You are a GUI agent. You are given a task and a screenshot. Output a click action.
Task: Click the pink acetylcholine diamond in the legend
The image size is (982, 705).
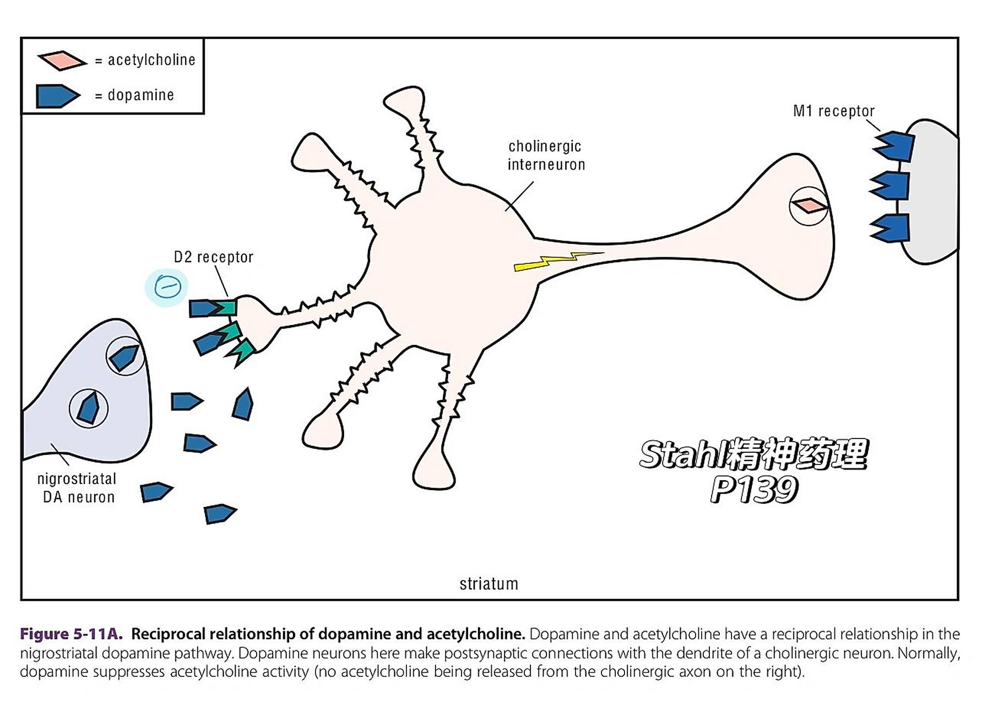click(x=62, y=61)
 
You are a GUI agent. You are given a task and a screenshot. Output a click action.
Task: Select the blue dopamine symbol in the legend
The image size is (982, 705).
click(x=57, y=96)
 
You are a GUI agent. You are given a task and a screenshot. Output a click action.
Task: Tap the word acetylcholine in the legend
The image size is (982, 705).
click(x=151, y=60)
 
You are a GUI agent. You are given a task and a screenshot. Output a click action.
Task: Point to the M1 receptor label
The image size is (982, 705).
click(x=833, y=111)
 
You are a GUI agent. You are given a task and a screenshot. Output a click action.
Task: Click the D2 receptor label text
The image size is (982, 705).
click(x=213, y=257)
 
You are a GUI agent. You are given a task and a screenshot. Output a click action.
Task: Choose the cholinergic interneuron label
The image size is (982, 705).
click(x=545, y=155)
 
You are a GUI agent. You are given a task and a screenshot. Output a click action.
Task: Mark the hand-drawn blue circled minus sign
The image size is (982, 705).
click(x=167, y=286)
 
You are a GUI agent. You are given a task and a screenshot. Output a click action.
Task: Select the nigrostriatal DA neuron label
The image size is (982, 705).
click(x=78, y=488)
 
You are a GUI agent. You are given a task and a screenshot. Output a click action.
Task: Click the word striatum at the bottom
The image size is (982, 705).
click(x=489, y=584)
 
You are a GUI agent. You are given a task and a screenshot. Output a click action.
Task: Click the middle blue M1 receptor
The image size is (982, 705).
click(x=891, y=186)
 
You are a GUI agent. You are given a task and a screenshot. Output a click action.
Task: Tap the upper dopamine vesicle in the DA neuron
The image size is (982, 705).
click(x=125, y=356)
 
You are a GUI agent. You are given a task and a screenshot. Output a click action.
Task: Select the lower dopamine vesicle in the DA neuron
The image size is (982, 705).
click(x=88, y=408)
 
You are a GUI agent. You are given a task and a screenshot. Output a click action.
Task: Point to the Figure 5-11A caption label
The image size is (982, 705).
click(x=71, y=634)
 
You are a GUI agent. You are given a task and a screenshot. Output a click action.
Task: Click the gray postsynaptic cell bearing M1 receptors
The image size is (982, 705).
click(x=931, y=193)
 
